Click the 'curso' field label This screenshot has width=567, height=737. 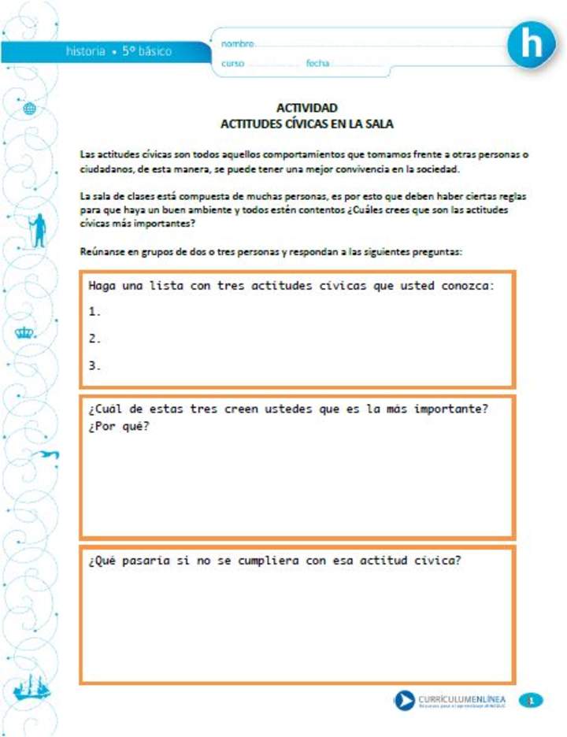coord(233,63)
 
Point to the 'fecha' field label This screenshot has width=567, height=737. coord(317,63)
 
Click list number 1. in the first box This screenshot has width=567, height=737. coord(95,311)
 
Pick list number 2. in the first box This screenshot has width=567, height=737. coord(95,339)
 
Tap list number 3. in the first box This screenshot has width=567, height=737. coord(95,365)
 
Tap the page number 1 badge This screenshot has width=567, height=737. coord(532,700)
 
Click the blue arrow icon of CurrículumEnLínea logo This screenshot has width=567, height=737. coord(404,700)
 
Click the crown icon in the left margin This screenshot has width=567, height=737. coord(26,332)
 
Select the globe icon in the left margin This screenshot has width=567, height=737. coord(30,109)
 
